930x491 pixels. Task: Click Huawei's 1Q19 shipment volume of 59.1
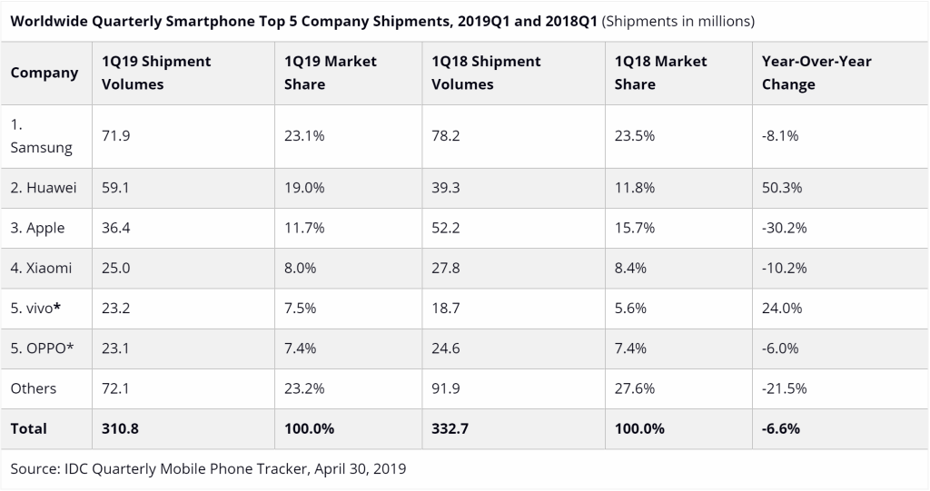point(115,188)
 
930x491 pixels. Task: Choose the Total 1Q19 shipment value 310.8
point(121,428)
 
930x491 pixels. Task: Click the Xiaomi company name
point(41,268)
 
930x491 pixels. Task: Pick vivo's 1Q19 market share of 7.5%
point(300,308)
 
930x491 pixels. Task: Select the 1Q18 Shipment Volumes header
point(486,73)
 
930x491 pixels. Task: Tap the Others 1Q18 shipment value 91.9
point(446,388)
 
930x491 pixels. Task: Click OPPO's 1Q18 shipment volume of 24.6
point(446,348)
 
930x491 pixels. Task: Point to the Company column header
point(45,73)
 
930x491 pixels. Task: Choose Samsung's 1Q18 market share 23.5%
point(634,135)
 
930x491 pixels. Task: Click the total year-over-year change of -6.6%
point(781,428)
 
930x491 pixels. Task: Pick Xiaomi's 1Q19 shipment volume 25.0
point(115,268)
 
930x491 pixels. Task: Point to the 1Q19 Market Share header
point(330,73)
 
